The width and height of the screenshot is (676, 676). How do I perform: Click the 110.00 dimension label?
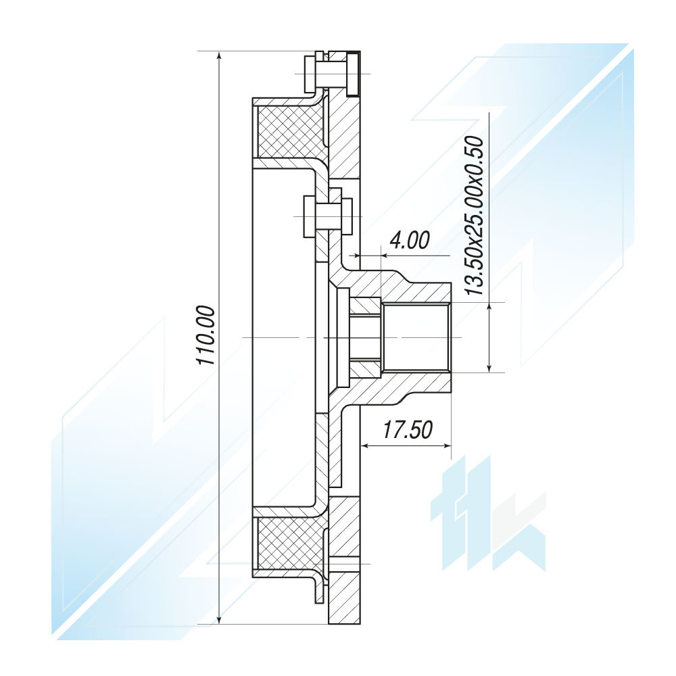pos(206,335)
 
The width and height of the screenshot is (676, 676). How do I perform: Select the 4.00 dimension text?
pos(409,241)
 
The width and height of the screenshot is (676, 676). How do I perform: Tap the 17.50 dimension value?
pos(408,429)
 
